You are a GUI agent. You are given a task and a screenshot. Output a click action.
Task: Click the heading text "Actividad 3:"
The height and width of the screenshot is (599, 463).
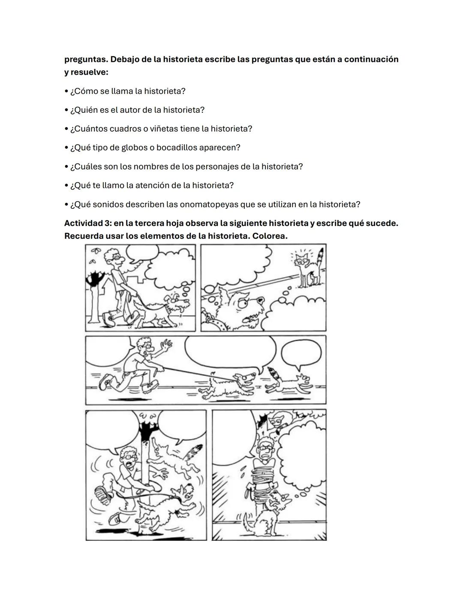87,223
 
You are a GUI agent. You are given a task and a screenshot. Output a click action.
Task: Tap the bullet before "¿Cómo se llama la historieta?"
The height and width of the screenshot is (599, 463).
66,92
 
